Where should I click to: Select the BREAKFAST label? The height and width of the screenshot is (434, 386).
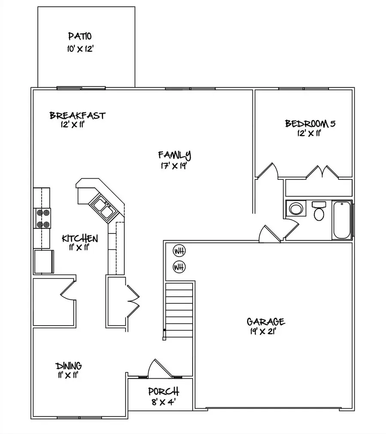78,116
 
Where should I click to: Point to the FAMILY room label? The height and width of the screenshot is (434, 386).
174,155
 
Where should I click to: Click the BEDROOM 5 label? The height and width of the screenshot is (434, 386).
310,124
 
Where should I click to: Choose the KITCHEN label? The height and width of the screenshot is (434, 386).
80,238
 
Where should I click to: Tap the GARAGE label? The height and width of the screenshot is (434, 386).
265,322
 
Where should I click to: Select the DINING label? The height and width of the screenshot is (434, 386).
69,366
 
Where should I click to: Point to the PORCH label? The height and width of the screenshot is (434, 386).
163,392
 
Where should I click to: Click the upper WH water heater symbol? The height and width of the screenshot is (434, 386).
179,251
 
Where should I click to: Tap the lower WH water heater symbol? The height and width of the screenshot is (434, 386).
179,267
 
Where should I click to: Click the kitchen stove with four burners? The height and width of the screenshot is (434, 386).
42,218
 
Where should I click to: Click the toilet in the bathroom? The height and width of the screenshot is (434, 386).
319,211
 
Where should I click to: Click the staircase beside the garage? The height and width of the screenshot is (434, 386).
179,311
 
